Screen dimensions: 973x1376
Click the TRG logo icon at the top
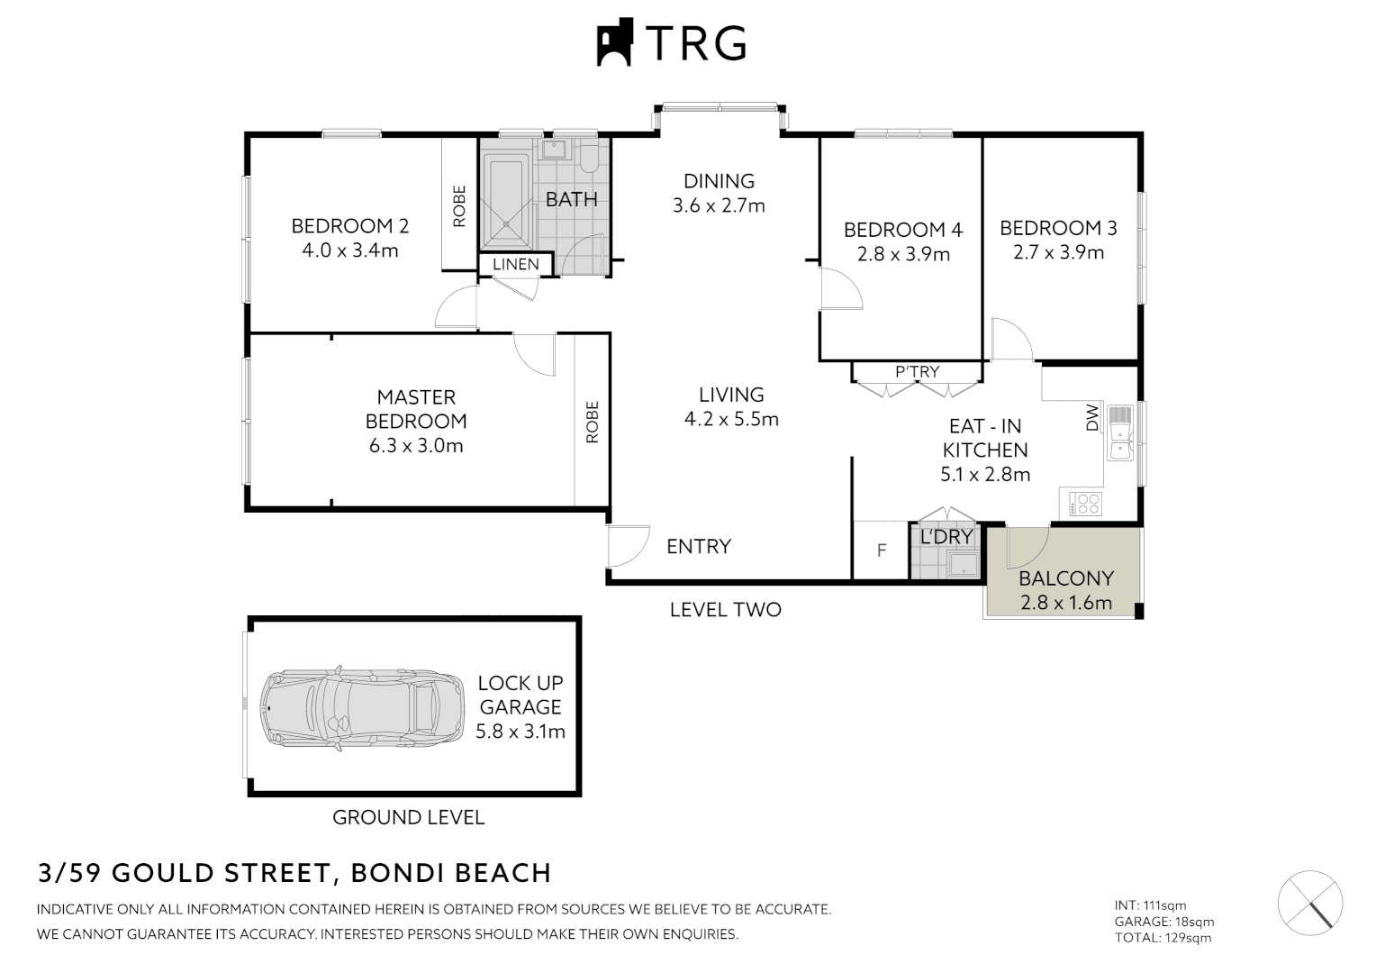615,42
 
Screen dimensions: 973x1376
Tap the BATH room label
571,199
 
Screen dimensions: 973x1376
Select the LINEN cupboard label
515,264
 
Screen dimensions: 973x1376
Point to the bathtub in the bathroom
506,200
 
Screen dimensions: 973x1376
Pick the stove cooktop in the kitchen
1085,504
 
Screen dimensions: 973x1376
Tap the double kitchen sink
1119,432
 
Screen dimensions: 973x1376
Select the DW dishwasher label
1092,416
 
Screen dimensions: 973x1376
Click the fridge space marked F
882,550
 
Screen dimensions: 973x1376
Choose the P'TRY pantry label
917,371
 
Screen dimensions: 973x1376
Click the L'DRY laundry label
946,537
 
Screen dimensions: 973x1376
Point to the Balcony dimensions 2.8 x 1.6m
1065,603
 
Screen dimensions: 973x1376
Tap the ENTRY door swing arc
629,546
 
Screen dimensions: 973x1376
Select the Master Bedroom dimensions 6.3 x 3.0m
416,445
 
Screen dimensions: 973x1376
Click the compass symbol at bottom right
1309,903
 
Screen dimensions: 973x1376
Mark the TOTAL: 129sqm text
1163,938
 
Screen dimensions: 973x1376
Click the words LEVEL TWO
725,610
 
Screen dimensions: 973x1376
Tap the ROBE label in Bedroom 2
459,206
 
